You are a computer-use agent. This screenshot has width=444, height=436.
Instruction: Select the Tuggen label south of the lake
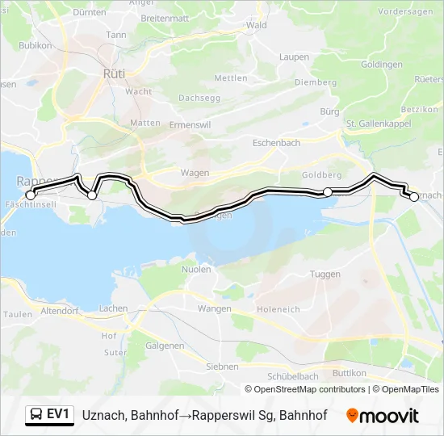(325, 275)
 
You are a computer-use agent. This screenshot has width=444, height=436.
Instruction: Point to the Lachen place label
(113, 309)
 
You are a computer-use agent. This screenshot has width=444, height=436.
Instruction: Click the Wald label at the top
(257, 26)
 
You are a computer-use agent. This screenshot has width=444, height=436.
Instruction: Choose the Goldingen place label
(383, 65)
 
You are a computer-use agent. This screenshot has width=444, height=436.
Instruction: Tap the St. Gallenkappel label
(379, 124)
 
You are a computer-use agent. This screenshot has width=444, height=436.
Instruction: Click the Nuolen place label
(196, 269)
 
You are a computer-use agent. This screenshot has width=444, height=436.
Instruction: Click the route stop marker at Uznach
(414, 196)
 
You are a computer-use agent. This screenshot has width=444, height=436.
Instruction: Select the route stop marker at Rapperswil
(31, 195)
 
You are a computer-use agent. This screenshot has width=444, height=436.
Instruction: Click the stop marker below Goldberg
(328, 191)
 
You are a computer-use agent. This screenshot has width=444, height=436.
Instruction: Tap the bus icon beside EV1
(36, 415)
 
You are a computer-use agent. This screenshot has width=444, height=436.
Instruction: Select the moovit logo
(383, 416)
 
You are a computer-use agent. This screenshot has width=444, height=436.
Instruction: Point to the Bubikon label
(36, 46)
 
